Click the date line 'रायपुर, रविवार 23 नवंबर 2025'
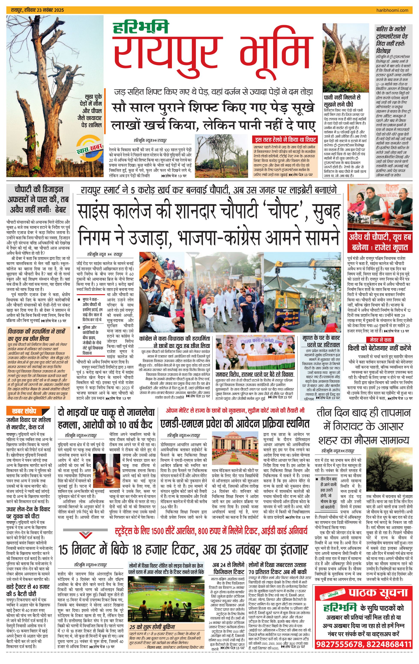(x=37, y=10)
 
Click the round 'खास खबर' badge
(x=89, y=149)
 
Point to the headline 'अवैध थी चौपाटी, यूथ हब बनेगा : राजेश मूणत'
(x=380, y=242)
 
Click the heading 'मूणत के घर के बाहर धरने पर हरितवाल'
(x=321, y=341)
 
